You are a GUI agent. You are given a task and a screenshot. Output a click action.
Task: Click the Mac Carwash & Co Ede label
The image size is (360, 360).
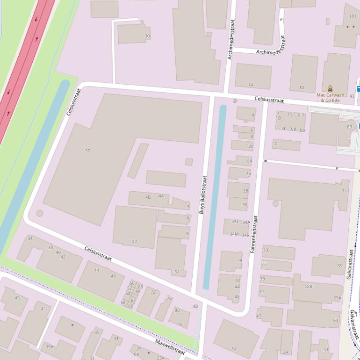[330, 97]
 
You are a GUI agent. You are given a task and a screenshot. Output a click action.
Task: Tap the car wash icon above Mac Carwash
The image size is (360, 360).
[330, 88]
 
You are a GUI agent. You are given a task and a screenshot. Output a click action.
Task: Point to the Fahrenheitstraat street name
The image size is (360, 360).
[253, 234]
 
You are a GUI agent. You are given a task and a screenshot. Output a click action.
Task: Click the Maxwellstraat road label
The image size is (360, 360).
[171, 345]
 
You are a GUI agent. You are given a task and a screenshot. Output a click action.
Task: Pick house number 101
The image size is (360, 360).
[353, 16]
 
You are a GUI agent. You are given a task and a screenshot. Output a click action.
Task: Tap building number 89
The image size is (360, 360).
[349, 127]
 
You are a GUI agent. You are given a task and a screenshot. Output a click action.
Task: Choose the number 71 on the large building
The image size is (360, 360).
[345, 191]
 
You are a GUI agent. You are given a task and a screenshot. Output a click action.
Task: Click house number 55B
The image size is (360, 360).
[308, 286]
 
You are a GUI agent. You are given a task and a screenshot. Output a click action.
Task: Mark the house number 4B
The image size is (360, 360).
[148, 197]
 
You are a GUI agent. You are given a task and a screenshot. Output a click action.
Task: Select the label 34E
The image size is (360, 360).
[235, 221]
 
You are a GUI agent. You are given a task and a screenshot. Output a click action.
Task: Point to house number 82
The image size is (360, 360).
[195, 306]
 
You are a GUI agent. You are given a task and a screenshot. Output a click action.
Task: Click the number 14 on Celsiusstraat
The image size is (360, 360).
[251, 85]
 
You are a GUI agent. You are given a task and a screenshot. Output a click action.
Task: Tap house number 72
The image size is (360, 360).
[153, 292]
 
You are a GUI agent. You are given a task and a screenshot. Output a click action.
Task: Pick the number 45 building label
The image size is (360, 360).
[17, 298]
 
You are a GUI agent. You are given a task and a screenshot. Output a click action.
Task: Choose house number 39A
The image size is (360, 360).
[49, 346]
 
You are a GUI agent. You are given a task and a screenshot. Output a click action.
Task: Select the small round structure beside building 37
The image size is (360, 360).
[40, 213]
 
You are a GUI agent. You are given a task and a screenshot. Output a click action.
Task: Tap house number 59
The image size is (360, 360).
[340, 266]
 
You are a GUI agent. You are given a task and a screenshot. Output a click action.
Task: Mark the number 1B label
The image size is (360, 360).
[278, 118]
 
